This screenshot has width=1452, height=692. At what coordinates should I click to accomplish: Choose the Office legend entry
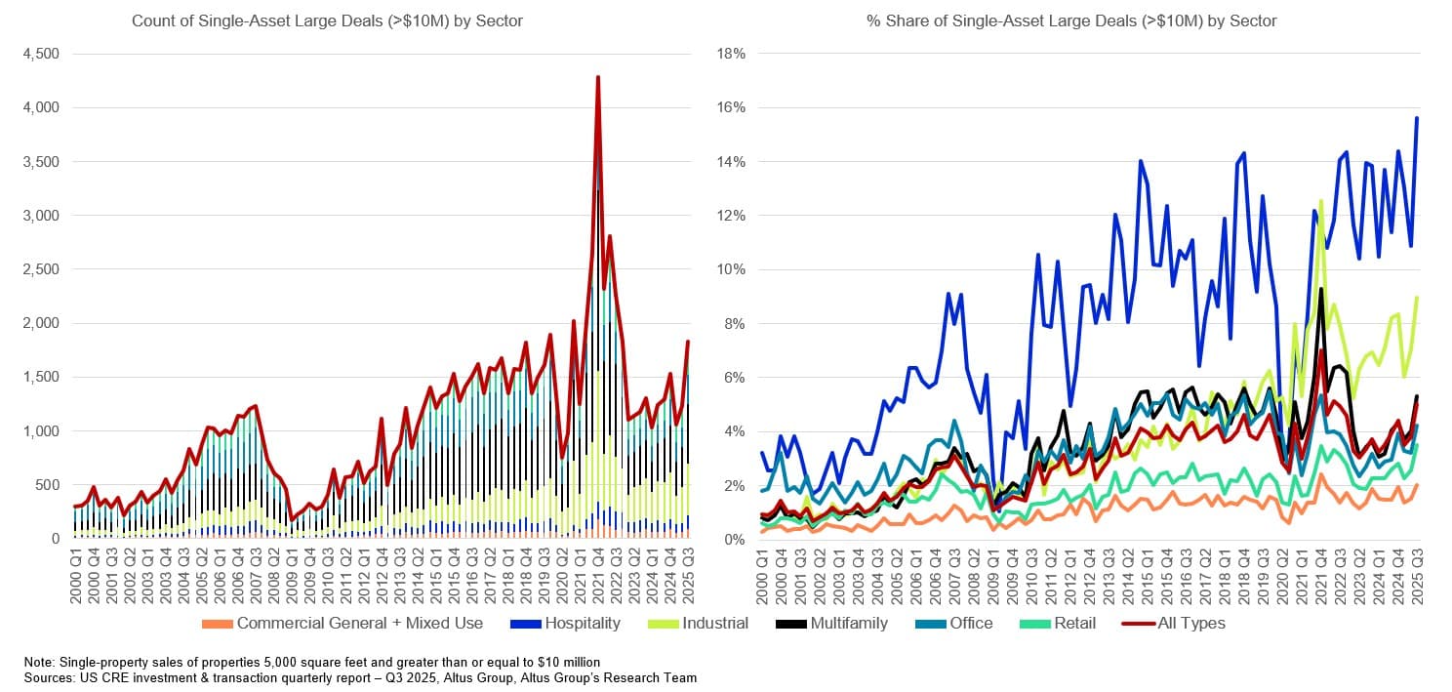[x=971, y=623]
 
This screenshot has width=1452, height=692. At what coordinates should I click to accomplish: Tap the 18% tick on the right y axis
[x=731, y=54]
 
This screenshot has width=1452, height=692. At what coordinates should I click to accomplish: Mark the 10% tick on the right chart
[x=731, y=269]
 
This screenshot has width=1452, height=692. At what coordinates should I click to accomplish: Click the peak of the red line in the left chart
[x=597, y=77]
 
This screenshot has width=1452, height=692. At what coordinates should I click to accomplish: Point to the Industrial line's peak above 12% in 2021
[x=1321, y=201]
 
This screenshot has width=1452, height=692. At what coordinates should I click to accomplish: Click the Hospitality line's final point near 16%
[x=1417, y=118]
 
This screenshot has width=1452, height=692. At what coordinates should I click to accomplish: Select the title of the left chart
[x=327, y=20]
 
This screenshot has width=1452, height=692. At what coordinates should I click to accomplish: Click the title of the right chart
[x=1071, y=20]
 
